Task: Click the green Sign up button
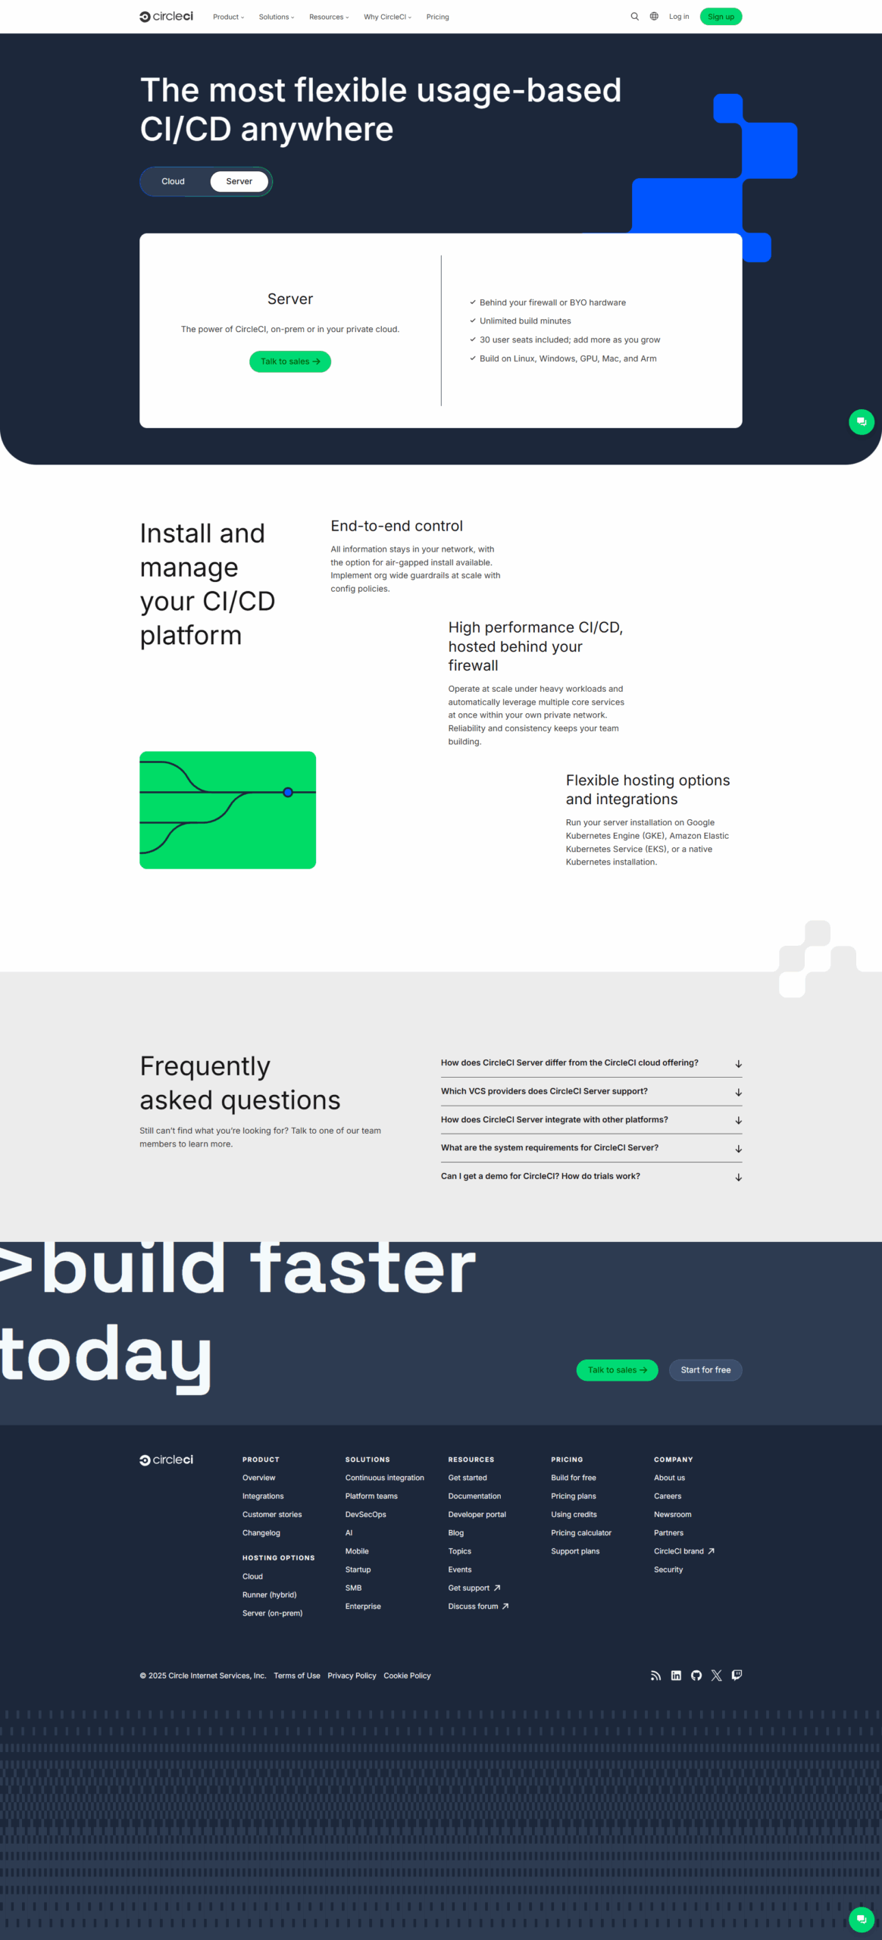721,17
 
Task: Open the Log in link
679,17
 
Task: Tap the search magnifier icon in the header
635,17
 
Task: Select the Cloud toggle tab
173,182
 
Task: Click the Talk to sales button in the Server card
290,361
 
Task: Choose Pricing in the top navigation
437,17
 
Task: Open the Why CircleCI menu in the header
387,17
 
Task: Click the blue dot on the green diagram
288,793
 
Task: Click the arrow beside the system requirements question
738,1149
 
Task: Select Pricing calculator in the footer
581,1533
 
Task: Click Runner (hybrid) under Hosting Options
269,1595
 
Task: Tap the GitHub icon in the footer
696,1676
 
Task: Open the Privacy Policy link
352,1676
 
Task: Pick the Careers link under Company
668,1496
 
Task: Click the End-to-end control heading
396,526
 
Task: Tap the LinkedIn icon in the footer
676,1676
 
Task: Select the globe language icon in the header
654,17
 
